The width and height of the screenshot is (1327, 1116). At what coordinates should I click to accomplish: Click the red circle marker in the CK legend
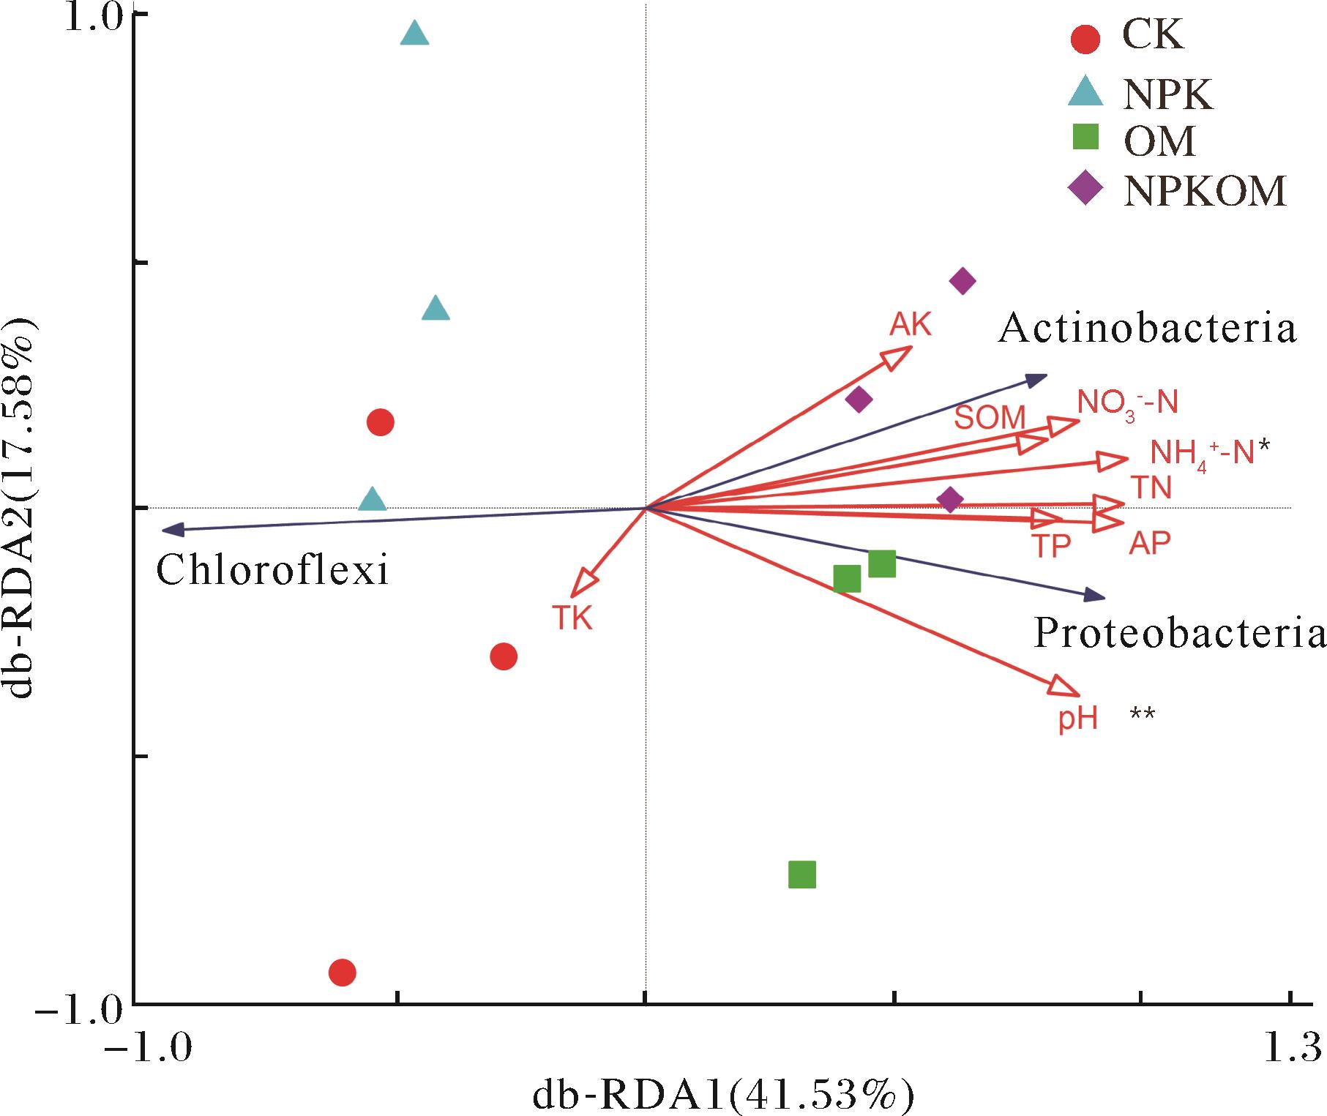pyautogui.click(x=1085, y=40)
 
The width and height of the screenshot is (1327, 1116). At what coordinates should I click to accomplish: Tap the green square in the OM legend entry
pyautogui.click(x=1085, y=138)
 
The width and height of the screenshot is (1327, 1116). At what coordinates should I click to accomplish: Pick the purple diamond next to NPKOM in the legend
pyautogui.click(x=1085, y=190)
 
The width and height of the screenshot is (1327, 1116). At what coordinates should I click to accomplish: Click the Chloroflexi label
pyautogui.click(x=272, y=570)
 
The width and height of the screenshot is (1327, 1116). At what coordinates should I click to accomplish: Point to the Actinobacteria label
pyautogui.click(x=1147, y=329)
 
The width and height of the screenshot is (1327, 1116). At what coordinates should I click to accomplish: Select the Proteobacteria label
pyautogui.click(x=1178, y=634)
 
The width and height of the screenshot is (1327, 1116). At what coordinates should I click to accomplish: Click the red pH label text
pyautogui.click(x=1078, y=719)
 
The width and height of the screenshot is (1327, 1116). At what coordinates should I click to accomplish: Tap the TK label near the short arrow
pyautogui.click(x=572, y=619)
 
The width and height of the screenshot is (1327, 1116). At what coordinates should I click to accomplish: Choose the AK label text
pyautogui.click(x=911, y=323)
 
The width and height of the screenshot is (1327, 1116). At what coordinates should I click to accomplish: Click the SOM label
pyautogui.click(x=990, y=418)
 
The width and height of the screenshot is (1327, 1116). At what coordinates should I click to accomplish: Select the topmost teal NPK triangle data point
pyautogui.click(x=414, y=33)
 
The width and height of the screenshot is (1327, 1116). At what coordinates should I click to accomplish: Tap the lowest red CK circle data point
pyautogui.click(x=343, y=973)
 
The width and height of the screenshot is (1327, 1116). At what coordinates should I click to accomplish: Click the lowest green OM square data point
pyautogui.click(x=802, y=875)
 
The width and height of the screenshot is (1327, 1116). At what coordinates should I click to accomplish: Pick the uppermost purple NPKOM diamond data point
pyautogui.click(x=962, y=281)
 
